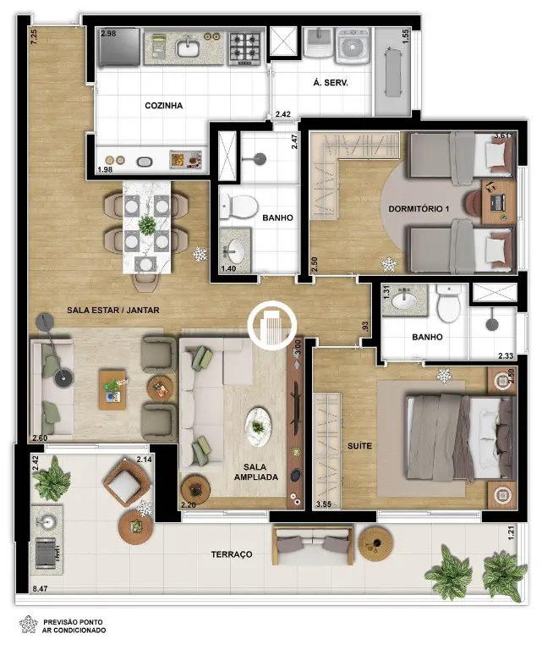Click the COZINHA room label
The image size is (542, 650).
(163, 105)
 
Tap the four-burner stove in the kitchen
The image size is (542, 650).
(244, 46)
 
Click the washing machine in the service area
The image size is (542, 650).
(352, 46)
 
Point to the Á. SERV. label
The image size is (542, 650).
(330, 82)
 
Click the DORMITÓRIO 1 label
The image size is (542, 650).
(419, 208)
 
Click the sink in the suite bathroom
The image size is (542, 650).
(403, 300)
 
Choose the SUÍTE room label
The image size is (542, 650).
(359, 446)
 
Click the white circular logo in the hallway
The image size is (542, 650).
(272, 325)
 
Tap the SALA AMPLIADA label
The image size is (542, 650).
(255, 471)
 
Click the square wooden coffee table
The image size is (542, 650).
(112, 390)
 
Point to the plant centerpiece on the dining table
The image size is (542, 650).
(146, 226)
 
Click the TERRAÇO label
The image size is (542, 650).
(232, 554)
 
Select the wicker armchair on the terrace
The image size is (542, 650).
(125, 481)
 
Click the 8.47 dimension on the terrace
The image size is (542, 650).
(41, 587)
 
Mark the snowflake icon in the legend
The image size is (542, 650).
(29, 625)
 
